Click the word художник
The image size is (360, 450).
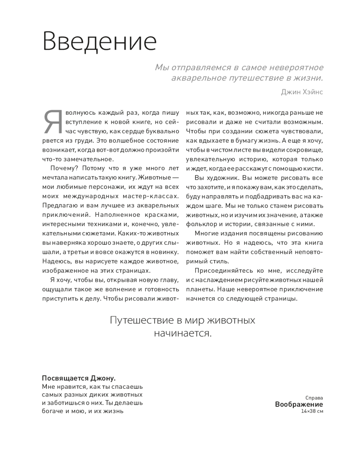tap(220, 178)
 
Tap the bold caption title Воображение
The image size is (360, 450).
tap(299, 404)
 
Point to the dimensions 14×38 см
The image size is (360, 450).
tap(313, 411)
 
